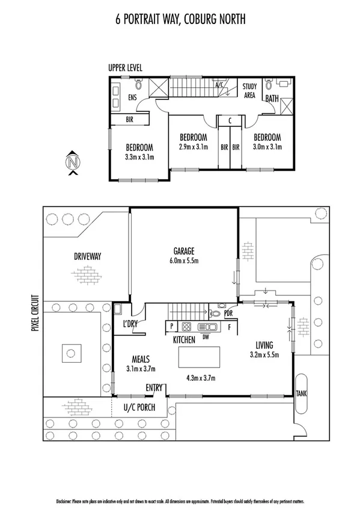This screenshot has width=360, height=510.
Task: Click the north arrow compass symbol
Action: [x=73, y=162]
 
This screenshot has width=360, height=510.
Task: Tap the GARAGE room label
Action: [x=185, y=251]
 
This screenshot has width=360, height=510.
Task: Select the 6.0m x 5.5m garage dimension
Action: [x=185, y=260]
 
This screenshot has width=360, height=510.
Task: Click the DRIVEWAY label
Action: [x=87, y=256]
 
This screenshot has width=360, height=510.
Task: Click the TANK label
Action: [x=301, y=393]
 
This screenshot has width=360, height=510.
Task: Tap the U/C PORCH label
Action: [x=139, y=407]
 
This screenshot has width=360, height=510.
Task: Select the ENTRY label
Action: [x=154, y=388]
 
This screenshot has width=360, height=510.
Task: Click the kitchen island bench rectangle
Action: [x=195, y=358]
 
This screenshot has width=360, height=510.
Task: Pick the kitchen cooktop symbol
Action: [x=187, y=327]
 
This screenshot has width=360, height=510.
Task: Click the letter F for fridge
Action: [x=229, y=327]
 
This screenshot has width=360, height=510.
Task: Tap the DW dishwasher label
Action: [x=206, y=336]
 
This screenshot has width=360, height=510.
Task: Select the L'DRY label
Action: [x=130, y=325]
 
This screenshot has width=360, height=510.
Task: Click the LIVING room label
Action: [x=264, y=345]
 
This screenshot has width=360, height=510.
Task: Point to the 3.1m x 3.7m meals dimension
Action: [x=141, y=369]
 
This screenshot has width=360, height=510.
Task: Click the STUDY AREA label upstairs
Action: [x=249, y=91]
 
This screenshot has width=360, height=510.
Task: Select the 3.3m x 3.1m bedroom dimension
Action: [x=139, y=158]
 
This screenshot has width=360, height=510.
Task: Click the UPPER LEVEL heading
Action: [x=125, y=68]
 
